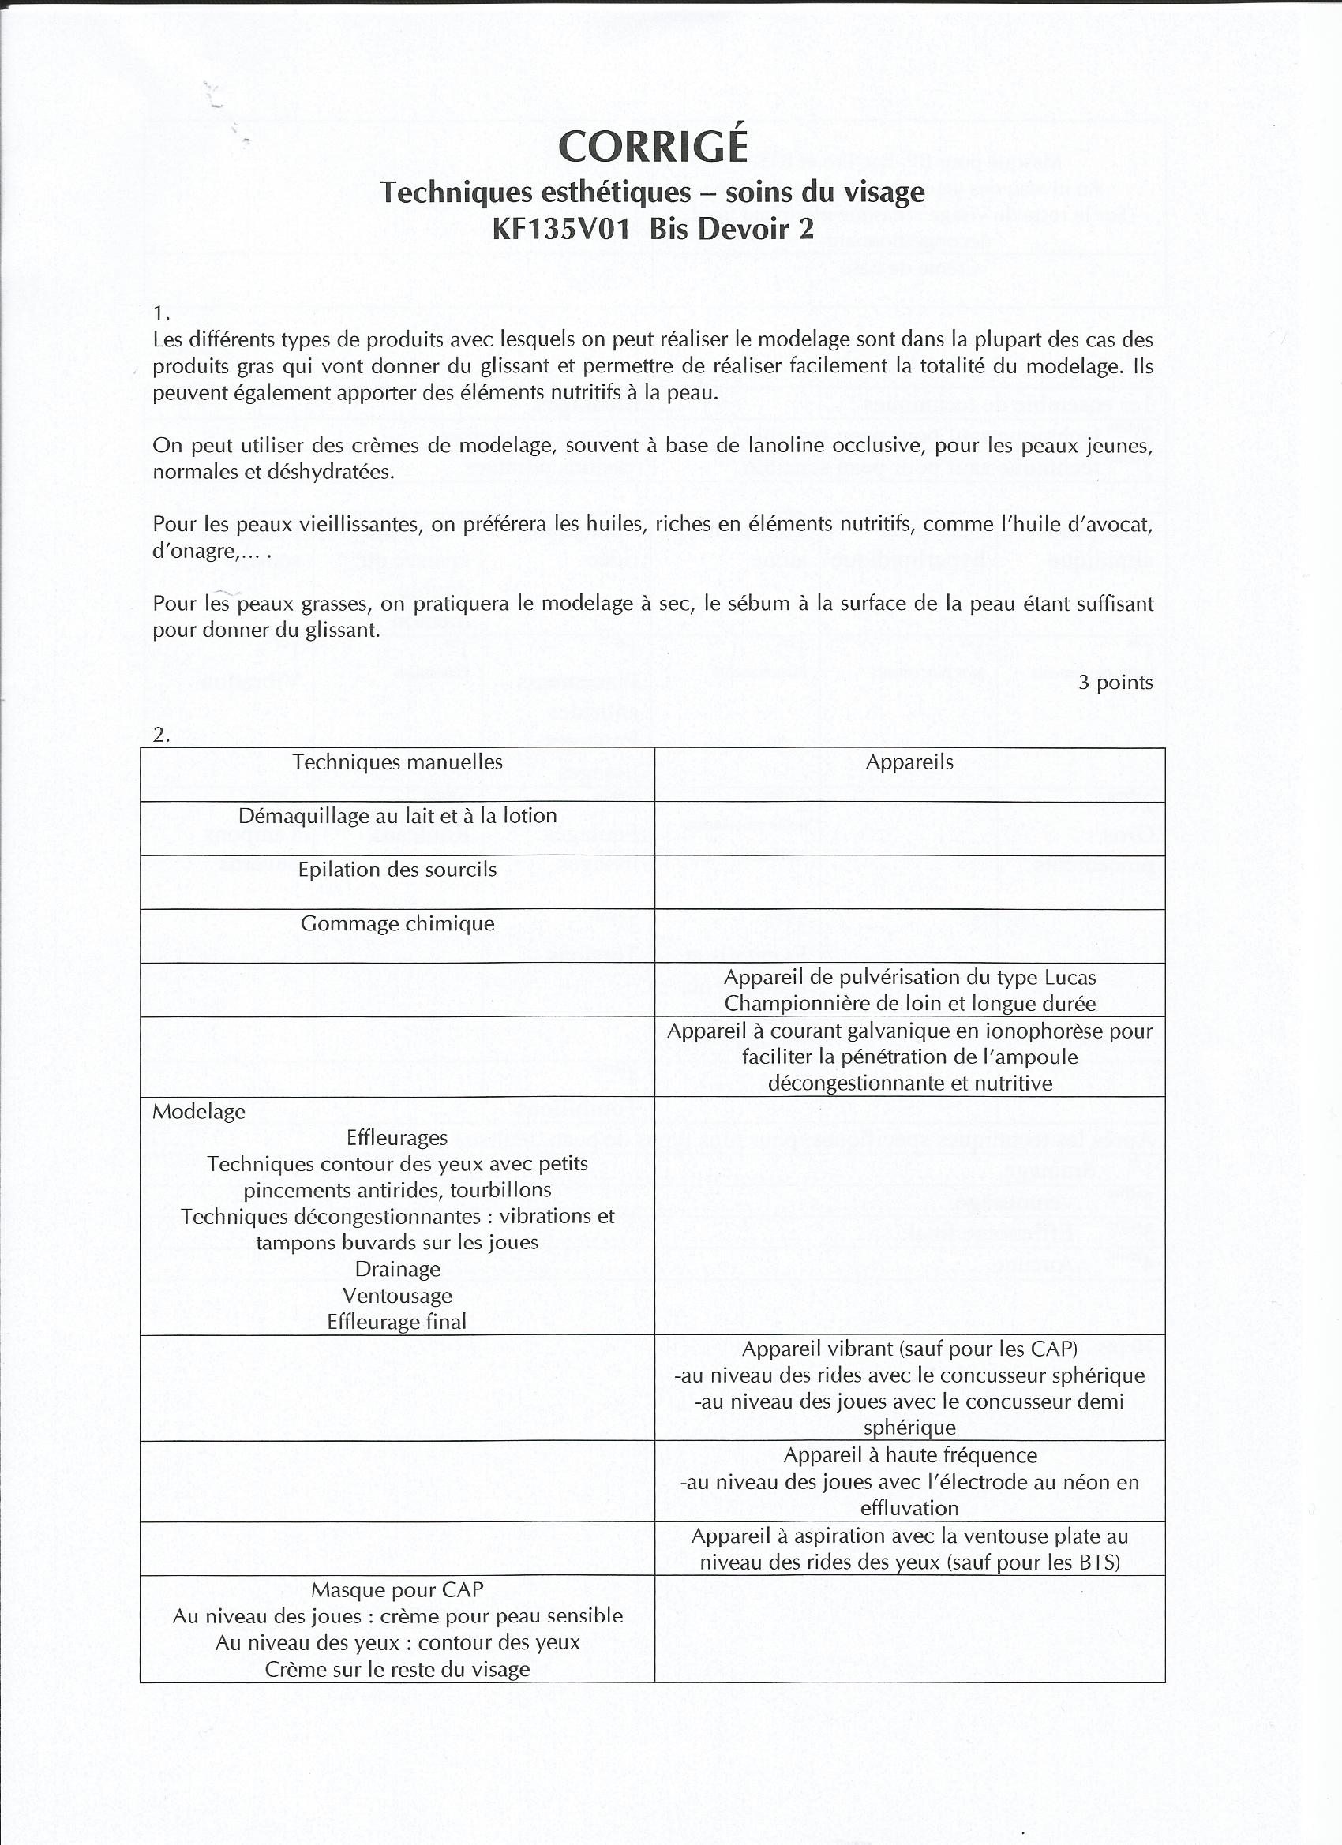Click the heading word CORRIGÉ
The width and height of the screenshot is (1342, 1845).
point(652,147)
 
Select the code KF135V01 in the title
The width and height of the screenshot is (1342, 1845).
point(561,230)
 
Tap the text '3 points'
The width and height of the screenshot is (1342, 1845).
point(1115,683)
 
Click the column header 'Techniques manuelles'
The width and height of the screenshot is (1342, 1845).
point(397,762)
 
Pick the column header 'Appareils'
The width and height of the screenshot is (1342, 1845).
point(909,762)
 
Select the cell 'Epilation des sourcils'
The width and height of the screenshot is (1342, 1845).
point(397,870)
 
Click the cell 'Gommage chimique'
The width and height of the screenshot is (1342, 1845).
point(397,924)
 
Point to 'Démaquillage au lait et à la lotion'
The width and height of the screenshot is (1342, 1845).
point(397,816)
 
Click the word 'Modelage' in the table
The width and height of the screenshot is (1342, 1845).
point(199,1111)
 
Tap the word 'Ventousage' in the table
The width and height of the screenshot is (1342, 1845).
point(397,1296)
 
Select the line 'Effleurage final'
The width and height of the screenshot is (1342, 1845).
point(397,1322)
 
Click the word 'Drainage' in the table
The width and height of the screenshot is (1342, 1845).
point(397,1269)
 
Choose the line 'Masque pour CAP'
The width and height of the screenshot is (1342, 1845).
point(397,1589)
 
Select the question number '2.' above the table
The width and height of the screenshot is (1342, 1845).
point(161,735)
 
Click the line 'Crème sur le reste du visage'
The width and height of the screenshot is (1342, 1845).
point(397,1670)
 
